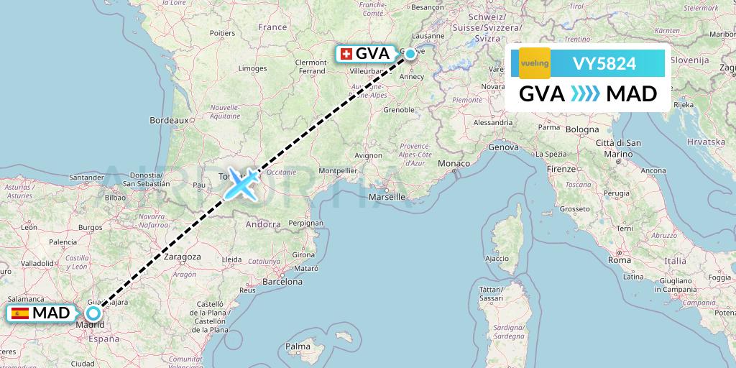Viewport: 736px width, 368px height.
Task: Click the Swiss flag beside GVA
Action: tap(346, 54)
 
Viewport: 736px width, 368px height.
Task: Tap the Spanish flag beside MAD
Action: tap(19, 313)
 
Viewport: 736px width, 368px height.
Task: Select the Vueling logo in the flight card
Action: tap(535, 63)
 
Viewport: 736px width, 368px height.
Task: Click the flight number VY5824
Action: tap(604, 63)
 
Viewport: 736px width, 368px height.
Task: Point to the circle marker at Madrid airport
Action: tap(93, 313)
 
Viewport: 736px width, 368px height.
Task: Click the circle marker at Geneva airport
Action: tap(410, 53)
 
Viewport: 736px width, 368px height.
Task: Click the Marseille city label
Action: tap(387, 196)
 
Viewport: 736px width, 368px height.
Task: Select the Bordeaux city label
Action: tap(168, 120)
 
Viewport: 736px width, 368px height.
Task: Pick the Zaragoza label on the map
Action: tap(182, 256)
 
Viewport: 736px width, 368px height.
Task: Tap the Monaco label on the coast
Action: tap(454, 165)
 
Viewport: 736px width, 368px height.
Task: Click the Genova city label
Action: tap(503, 147)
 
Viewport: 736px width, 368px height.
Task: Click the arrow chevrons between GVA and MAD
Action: tap(585, 94)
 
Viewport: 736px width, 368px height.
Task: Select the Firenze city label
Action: tap(561, 168)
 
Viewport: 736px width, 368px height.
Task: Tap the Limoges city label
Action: tap(253, 68)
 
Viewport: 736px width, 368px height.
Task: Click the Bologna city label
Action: tap(582, 129)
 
